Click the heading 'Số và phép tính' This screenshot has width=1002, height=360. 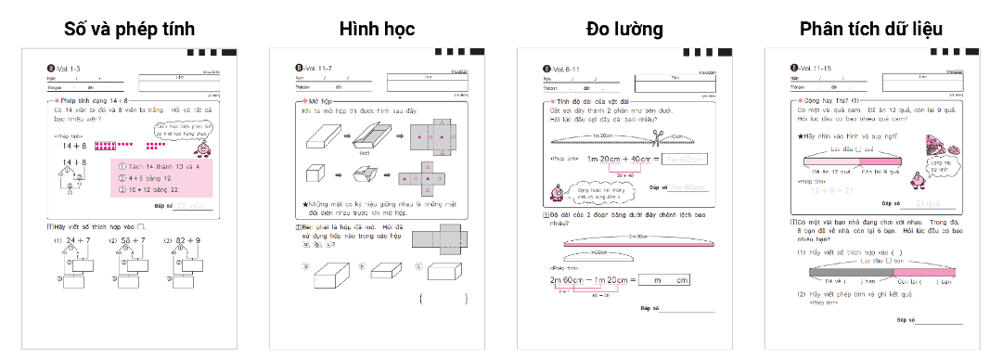128,28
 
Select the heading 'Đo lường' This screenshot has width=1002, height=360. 624,28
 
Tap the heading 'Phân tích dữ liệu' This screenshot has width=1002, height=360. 871,28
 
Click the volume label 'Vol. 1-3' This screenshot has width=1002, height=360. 70,68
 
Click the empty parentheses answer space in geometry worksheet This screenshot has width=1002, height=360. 443,299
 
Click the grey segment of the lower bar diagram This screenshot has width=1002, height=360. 828,272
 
